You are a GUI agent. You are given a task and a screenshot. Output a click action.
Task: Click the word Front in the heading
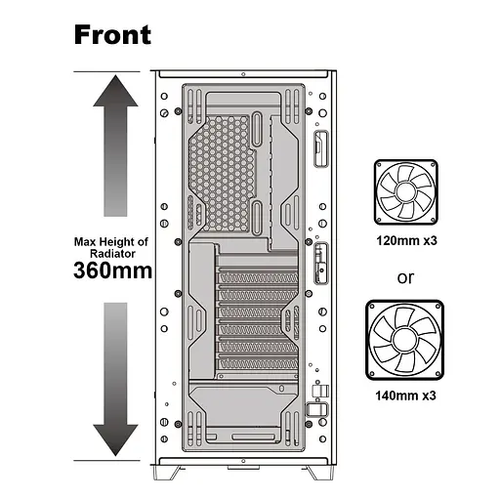(x=112, y=35)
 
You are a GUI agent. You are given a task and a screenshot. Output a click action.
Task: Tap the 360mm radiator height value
(x=112, y=271)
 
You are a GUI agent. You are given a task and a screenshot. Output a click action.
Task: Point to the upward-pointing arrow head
(x=115, y=91)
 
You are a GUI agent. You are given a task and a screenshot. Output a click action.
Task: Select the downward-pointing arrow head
(x=115, y=440)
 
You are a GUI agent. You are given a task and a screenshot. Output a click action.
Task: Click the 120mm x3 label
(x=406, y=241)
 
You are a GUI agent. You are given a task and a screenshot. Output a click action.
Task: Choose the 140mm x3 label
(x=405, y=396)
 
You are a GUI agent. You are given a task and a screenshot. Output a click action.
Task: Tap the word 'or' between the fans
(x=405, y=278)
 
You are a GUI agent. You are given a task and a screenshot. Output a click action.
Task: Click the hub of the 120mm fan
(x=405, y=192)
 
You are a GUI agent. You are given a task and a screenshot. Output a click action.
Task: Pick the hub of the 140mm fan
(x=404, y=340)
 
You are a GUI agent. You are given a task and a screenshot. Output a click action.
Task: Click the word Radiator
(x=112, y=254)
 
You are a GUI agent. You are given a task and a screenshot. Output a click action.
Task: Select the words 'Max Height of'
(x=111, y=242)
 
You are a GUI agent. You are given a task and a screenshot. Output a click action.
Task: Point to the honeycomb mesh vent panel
(x=221, y=173)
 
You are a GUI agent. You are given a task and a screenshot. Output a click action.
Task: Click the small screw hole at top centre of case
(x=243, y=74)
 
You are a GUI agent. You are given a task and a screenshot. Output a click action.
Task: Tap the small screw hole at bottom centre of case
(x=243, y=461)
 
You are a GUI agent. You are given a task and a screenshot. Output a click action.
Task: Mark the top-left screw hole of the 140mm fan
(x=372, y=306)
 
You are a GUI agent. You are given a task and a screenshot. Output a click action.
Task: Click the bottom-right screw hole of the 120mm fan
(x=434, y=220)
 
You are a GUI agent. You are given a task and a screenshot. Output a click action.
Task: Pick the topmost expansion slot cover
(x=257, y=278)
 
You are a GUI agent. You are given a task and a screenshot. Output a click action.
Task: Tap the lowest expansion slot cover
(x=257, y=364)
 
